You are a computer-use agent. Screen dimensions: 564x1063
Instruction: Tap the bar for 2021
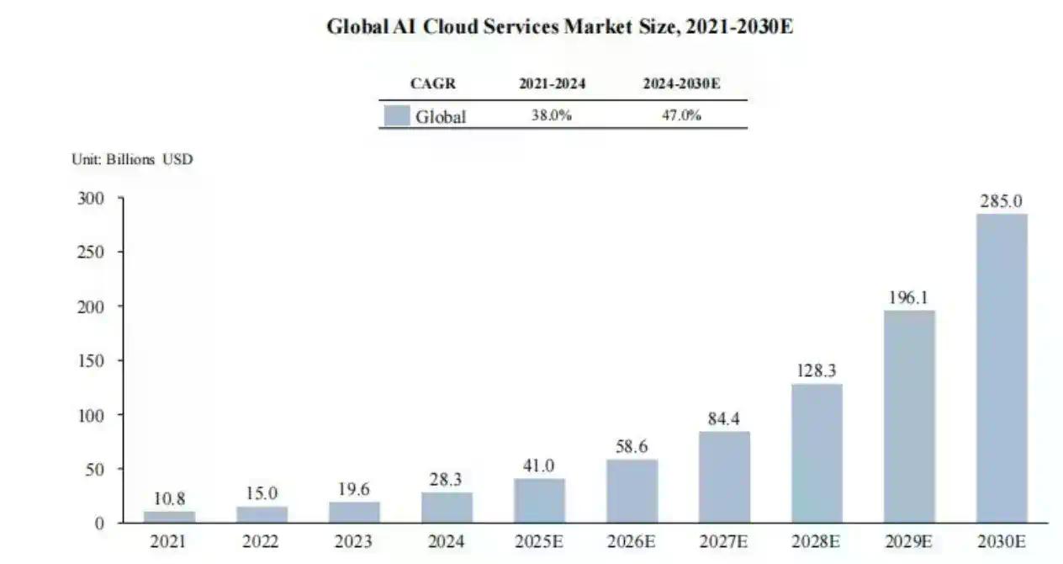pos(169,517)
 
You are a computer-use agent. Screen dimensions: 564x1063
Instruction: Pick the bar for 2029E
pos(909,416)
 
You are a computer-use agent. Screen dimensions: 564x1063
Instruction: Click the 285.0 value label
pos(1001,202)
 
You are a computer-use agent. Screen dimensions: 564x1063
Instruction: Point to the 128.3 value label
pos(817,371)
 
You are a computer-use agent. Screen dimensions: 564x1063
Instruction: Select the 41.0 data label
pos(539,466)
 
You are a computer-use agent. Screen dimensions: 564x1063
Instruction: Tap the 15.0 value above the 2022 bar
pos(262,493)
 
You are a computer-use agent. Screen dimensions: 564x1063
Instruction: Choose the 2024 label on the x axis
pos(447,541)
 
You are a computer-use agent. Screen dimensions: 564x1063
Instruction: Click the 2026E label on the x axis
pos(632,541)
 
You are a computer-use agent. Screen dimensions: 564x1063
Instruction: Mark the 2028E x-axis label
pos(817,541)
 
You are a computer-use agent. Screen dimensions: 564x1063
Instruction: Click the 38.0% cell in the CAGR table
pos(552,116)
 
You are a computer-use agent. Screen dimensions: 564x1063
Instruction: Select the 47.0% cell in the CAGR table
pos(680,116)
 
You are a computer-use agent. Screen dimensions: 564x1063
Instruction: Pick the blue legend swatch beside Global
pos(396,115)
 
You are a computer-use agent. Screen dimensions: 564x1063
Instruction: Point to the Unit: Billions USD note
pos(132,159)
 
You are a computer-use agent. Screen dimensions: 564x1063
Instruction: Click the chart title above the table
pos(560,27)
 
